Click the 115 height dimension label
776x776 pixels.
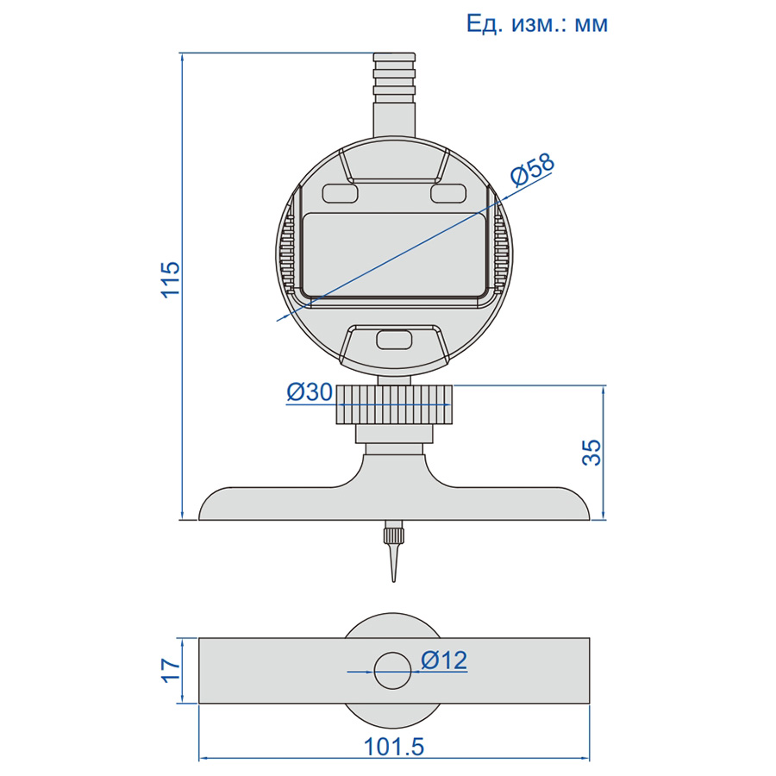tap(171, 279)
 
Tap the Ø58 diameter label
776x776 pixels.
tap(533, 170)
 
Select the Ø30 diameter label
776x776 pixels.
tap(310, 392)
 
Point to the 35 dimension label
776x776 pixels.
tap(591, 453)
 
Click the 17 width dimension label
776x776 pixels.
tap(172, 671)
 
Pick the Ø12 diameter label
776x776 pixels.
tap(444, 660)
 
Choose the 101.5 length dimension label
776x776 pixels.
tap(394, 748)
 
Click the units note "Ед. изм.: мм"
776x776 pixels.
tap(537, 23)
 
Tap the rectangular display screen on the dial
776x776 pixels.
tap(394, 254)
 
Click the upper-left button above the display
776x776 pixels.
tap(340, 193)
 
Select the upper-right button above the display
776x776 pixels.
tap(448, 193)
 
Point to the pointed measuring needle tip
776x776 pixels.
tap(394, 581)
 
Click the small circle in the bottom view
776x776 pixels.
tap(393, 671)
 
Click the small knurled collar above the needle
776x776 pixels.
tap(393, 535)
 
